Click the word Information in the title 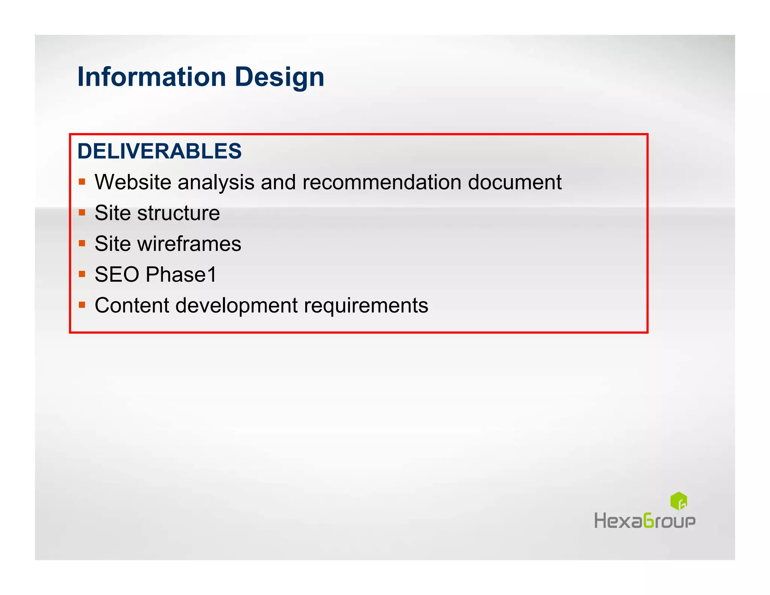click(x=152, y=77)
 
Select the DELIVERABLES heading click(x=159, y=151)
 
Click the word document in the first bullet click(x=515, y=182)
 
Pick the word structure click(x=179, y=213)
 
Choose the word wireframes click(x=189, y=244)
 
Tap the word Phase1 click(x=181, y=275)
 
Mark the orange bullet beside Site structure click(x=82, y=213)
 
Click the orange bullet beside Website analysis click(x=82, y=182)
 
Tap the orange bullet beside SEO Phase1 click(x=82, y=274)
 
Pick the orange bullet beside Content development click(x=82, y=305)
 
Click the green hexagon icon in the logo click(x=679, y=501)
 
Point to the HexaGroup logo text click(x=645, y=521)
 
